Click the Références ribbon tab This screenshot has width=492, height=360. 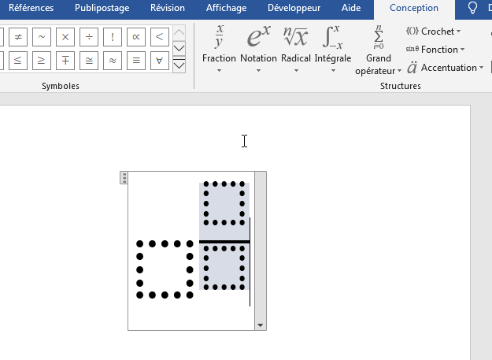click(31, 8)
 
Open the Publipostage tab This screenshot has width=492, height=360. click(102, 8)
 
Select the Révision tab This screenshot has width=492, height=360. click(168, 8)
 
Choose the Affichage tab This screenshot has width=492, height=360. click(226, 8)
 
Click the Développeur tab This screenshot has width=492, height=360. click(294, 8)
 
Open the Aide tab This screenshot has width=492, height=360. click(351, 8)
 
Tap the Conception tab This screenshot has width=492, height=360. click(414, 8)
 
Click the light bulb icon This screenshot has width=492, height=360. click(472, 8)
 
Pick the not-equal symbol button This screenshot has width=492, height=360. click(18, 37)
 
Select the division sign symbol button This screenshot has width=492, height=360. click(89, 37)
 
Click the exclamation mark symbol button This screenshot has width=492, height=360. click(113, 37)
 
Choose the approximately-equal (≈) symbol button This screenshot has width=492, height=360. click(113, 60)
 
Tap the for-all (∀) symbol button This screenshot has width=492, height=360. click(159, 60)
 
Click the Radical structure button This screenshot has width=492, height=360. click(295, 50)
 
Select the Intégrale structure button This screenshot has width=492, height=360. click(333, 50)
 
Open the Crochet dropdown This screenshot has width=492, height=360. click(433, 32)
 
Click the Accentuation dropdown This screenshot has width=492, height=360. click(446, 68)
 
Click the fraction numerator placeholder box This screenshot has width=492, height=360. click(224, 203)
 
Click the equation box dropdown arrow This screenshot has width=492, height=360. click(260, 325)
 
